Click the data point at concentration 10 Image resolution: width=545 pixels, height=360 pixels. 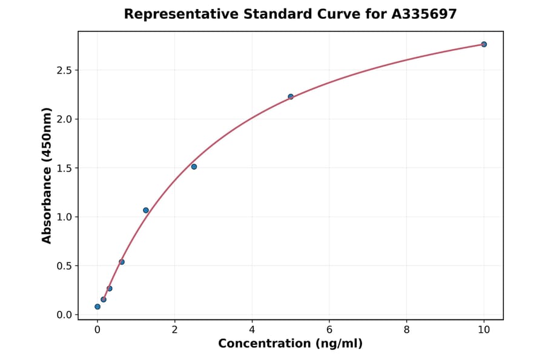coord(484,44)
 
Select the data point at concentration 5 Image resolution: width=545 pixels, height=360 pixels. coord(291,96)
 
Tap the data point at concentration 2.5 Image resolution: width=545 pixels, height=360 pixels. coord(194,167)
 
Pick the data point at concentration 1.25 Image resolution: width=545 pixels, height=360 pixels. coord(146,210)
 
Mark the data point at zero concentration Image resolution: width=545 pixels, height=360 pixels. coord(97,307)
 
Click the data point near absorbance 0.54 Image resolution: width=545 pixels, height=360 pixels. coord(122,262)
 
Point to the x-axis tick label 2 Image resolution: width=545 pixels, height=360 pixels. coord(174,330)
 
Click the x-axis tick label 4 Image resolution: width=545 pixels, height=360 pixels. coord(252,330)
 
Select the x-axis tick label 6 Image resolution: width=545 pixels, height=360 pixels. coord(329,330)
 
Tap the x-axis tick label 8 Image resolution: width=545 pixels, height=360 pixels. coord(406,330)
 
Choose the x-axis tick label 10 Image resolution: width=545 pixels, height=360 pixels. coord(484,330)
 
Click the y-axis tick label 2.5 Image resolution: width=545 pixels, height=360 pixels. coord(64,70)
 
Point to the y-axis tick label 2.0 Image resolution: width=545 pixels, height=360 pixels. coord(64,119)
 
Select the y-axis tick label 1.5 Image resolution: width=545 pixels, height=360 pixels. coord(64,168)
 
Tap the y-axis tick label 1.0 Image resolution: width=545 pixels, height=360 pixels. coord(64,217)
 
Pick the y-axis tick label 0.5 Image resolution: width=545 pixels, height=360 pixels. coord(64,266)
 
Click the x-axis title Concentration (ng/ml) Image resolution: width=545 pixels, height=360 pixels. coord(290,344)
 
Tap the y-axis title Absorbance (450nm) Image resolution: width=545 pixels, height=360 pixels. coord(47,175)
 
